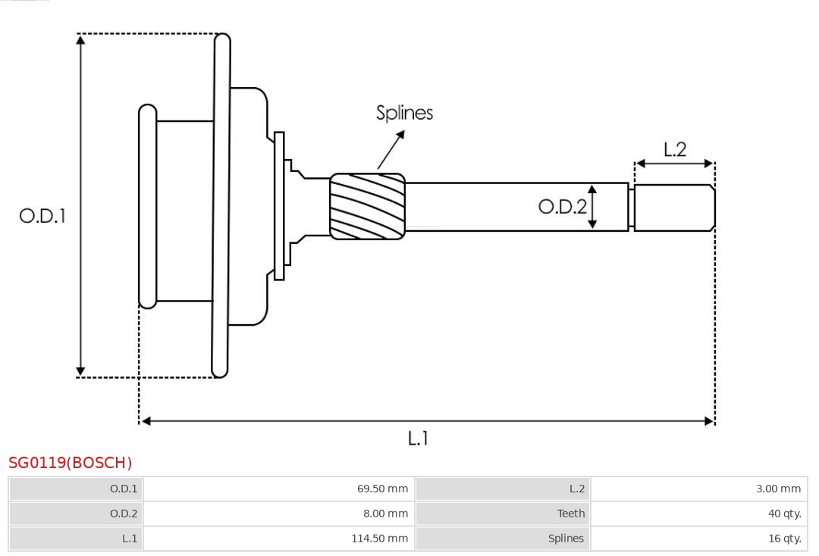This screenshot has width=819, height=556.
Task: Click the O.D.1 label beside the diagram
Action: click(x=42, y=216)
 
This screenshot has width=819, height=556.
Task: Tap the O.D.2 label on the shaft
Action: click(x=561, y=207)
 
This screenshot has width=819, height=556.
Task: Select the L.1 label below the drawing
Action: click(x=418, y=439)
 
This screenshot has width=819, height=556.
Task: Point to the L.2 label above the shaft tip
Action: click(x=674, y=150)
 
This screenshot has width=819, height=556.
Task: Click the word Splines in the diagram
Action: click(x=404, y=113)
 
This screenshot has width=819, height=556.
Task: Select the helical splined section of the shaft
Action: click(x=367, y=207)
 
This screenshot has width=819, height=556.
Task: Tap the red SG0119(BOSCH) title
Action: click(x=70, y=463)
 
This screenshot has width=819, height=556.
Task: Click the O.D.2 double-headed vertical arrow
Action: click(x=592, y=207)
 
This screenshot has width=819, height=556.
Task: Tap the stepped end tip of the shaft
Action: click(x=674, y=207)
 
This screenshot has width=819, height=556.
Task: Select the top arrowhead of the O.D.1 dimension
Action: click(x=80, y=39)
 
